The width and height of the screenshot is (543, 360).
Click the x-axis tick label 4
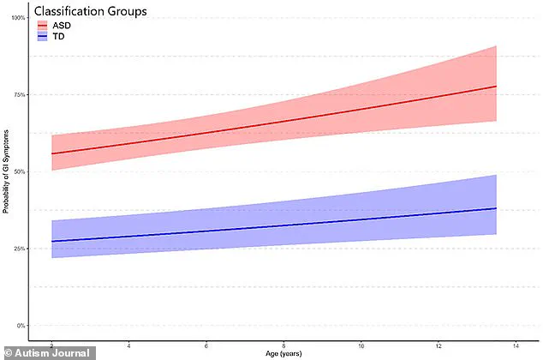pos(128,345)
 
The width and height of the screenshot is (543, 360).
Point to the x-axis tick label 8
pos(283,345)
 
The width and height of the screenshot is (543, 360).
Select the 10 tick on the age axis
pos(361,345)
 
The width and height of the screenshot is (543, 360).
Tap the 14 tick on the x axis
pos(516,345)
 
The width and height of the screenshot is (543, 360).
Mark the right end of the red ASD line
pos(497,87)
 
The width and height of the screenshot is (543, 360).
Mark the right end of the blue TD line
pos(497,208)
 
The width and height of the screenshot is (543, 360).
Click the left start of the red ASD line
pos(52,153)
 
